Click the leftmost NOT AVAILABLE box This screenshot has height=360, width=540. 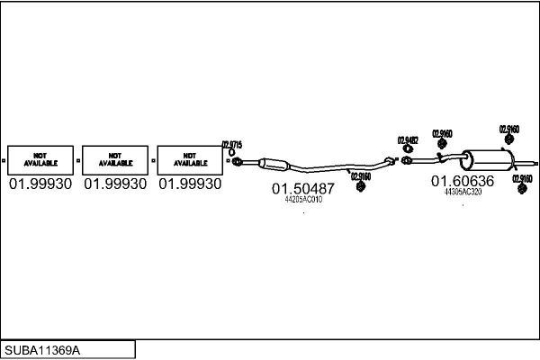[39, 160]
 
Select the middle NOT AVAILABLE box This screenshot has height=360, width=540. [114, 160]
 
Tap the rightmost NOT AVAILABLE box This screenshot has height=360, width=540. [189, 160]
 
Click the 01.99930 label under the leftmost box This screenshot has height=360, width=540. [40, 184]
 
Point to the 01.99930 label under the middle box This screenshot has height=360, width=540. [114, 184]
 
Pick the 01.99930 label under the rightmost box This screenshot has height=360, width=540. [189, 184]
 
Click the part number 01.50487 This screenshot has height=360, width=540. [303, 189]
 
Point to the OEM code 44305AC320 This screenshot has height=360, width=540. [463, 192]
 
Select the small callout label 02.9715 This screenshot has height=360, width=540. [231, 144]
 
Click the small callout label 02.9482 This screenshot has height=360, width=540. [408, 139]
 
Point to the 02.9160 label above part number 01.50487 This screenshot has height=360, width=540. [360, 176]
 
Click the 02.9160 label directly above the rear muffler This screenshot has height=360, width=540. [508, 130]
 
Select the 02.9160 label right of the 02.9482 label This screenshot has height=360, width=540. [442, 134]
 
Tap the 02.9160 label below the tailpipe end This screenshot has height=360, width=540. [522, 178]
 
